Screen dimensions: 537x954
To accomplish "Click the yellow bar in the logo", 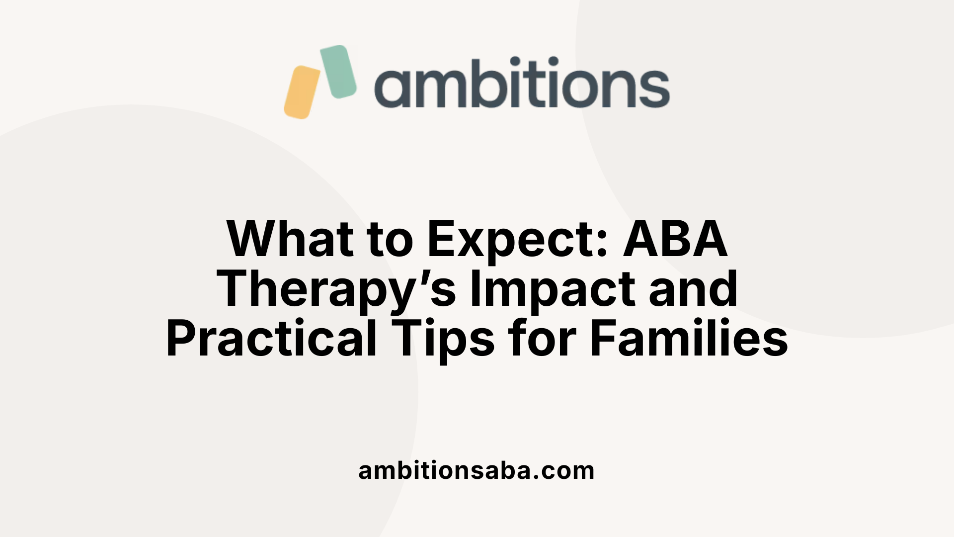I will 302,92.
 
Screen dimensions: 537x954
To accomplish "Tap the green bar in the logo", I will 338,71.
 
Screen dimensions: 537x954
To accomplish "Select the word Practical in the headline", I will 271,339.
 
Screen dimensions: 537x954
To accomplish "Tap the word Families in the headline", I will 689,339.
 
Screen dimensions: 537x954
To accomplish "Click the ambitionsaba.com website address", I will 477,470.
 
